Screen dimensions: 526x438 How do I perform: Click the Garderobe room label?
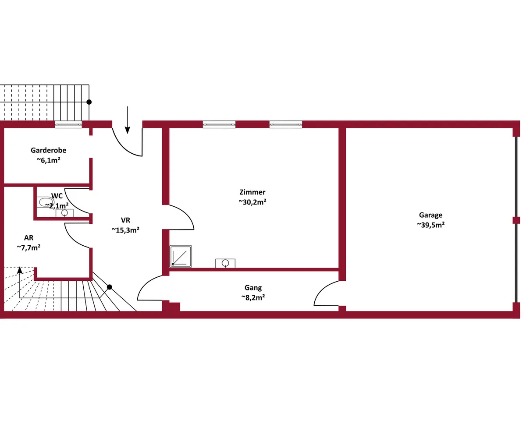48,150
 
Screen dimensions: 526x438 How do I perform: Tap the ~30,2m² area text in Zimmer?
252,202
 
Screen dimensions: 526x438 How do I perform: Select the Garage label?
430,215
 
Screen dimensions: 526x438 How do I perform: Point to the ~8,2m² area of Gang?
253,297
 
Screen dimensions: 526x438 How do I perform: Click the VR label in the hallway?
125,220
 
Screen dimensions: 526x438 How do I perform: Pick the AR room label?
29,238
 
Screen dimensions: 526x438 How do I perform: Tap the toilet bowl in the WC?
45,202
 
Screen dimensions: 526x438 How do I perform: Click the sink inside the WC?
64,213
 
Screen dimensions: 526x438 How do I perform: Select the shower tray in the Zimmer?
181,256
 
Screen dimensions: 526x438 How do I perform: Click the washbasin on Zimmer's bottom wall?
225,263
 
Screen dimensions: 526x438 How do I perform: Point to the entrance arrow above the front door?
128,120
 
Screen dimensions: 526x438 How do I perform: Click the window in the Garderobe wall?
68,124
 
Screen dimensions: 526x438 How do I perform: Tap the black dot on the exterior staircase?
89,102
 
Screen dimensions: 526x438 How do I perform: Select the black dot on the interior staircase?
109,287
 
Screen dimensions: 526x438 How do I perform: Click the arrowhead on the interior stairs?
20,270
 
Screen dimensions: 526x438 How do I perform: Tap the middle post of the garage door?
516,220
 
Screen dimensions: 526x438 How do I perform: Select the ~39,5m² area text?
430,225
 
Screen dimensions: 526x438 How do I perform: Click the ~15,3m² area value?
125,230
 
